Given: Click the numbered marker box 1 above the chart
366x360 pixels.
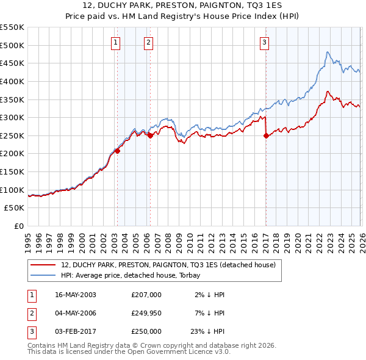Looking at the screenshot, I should tap(116, 42).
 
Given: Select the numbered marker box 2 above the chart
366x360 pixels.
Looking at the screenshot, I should tap(148, 42).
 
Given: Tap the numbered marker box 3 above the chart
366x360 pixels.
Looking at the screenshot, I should tap(264, 42).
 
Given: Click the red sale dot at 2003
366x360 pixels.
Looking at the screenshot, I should tap(117, 151).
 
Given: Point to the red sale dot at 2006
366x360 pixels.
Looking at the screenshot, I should tap(149, 135).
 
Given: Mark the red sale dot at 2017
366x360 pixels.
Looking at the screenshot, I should tap(266, 136).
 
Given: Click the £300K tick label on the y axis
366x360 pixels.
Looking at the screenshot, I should tap(12, 117).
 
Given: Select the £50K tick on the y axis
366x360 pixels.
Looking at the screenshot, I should tap(14, 208).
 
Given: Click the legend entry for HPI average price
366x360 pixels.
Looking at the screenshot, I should tap(135, 275).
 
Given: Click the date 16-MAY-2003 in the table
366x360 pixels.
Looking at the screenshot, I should tap(76, 295).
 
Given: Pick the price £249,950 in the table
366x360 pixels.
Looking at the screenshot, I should tap(146, 313).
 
